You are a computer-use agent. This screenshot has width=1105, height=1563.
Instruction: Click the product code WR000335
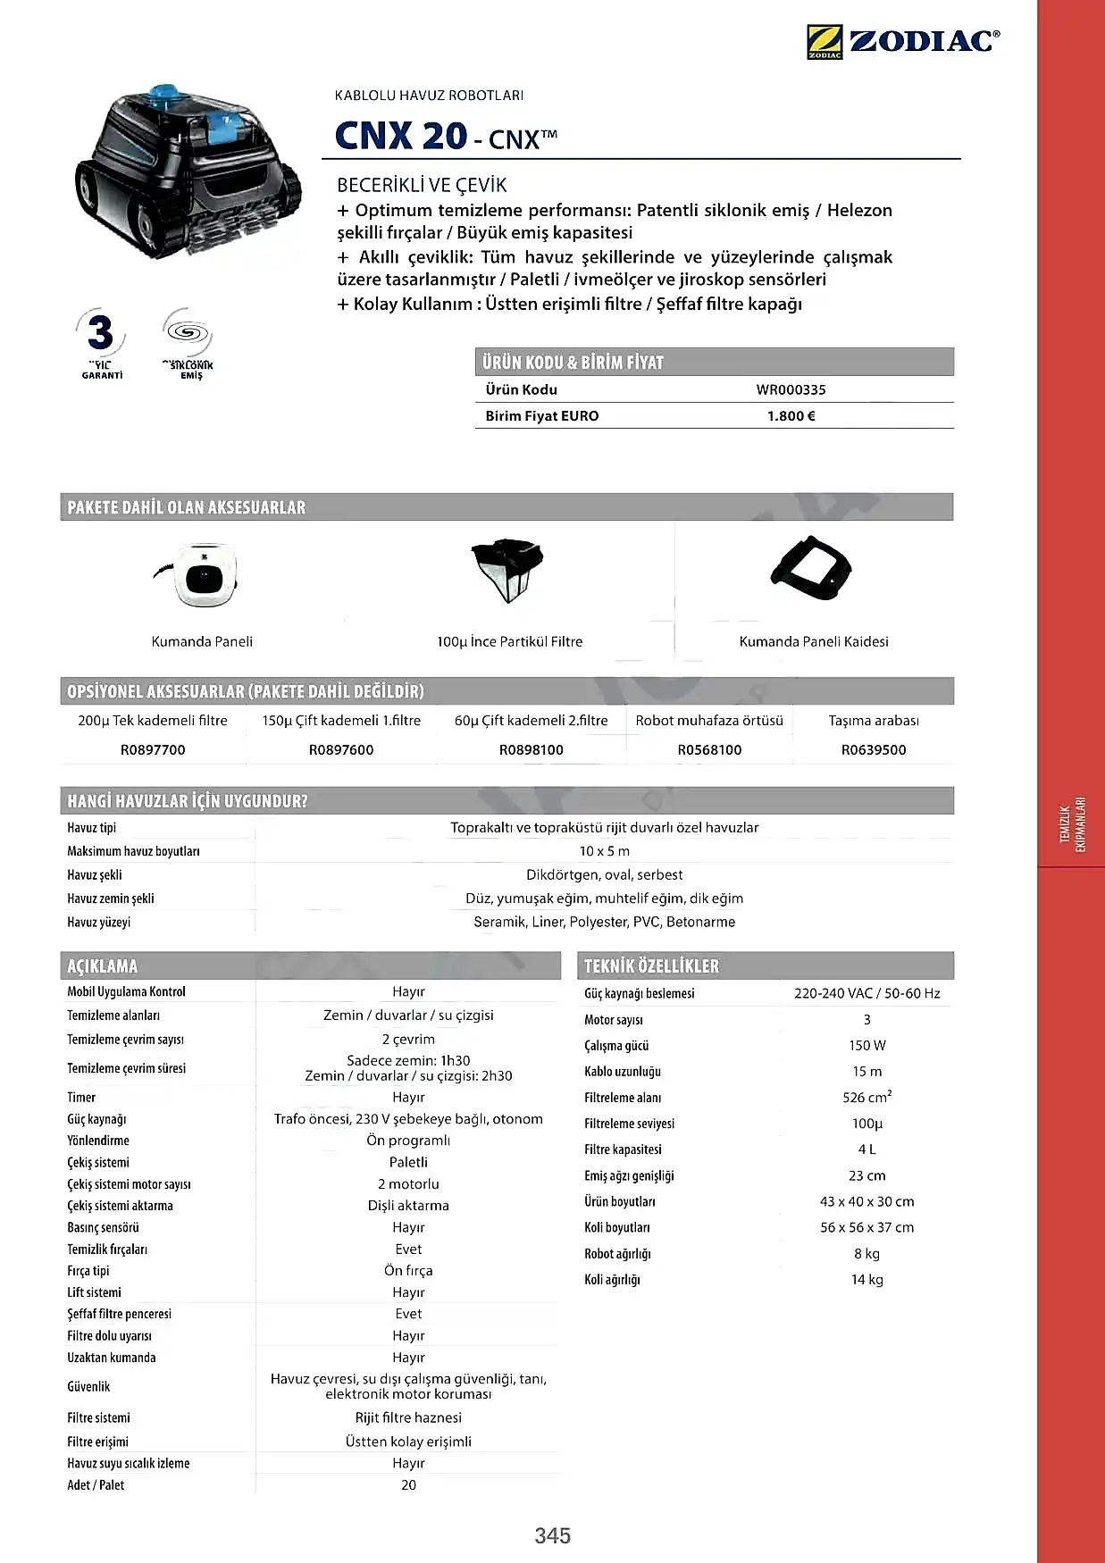point(791,389)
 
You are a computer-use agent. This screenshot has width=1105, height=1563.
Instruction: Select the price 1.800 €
point(791,415)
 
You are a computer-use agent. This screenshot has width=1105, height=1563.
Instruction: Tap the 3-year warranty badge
point(102,343)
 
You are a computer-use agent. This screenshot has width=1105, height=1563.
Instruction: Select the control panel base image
point(811,569)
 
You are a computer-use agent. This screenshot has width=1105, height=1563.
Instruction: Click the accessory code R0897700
point(153,749)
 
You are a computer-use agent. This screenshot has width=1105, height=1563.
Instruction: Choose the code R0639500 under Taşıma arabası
point(873,749)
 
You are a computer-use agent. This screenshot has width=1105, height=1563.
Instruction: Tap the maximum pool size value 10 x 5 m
point(604,851)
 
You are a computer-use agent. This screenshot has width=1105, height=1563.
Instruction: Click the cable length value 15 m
point(866,1071)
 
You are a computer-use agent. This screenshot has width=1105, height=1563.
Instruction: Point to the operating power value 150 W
point(866,1045)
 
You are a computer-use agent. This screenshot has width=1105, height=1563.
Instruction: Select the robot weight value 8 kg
point(866,1253)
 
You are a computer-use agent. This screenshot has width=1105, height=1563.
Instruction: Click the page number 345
point(552,1535)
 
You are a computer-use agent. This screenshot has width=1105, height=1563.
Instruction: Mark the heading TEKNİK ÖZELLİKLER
point(651,965)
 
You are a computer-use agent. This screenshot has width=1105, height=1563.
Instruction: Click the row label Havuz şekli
point(95,874)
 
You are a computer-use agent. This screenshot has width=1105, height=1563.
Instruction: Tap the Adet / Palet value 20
point(408,1484)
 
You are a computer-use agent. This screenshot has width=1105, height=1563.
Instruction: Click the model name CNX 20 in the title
point(401,136)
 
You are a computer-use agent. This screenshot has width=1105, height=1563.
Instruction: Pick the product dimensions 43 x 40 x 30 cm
point(866,1201)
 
